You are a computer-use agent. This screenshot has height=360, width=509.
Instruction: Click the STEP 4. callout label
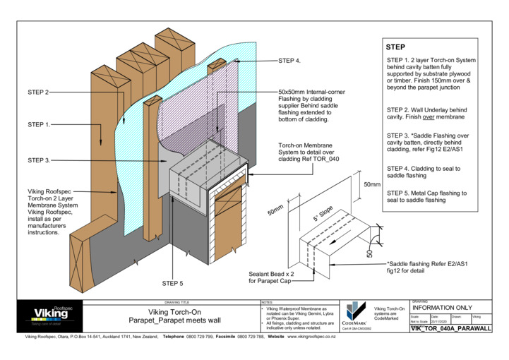pyautogui.click(x=289, y=61)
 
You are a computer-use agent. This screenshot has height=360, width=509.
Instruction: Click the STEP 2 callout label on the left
pyautogui.click(x=37, y=92)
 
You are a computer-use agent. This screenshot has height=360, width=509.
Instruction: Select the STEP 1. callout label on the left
pyautogui.click(x=39, y=124)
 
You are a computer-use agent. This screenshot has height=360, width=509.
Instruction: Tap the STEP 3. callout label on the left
pyautogui.click(x=39, y=160)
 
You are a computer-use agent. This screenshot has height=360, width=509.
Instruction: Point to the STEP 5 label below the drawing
pyautogui.click(x=172, y=283)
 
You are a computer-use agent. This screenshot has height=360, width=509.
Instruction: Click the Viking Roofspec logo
pyautogui.click(x=53, y=313)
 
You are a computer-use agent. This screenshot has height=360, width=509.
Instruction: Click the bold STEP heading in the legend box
pyautogui.click(x=395, y=47)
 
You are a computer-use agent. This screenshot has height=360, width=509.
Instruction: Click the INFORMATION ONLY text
pyautogui.click(x=442, y=308)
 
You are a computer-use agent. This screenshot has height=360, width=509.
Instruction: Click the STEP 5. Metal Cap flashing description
pyautogui.click(x=424, y=196)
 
